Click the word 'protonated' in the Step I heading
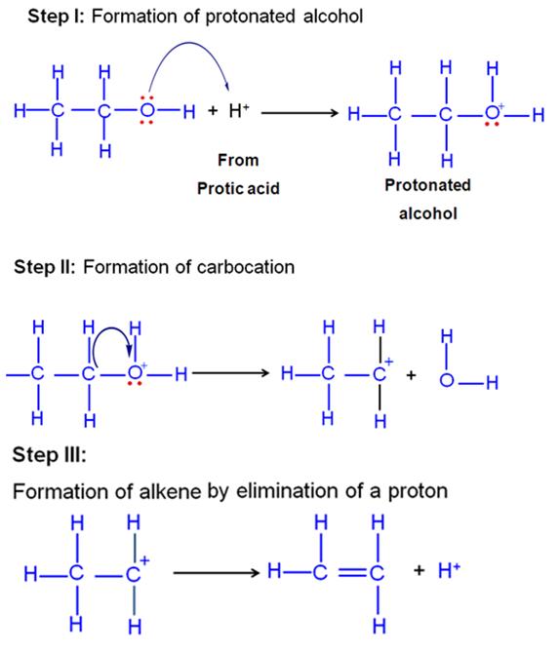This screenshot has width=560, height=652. (x=250, y=17)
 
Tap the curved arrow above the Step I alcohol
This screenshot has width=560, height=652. (x=189, y=43)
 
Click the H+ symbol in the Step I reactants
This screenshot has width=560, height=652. (x=239, y=110)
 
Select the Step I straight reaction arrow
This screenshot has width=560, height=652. (x=300, y=113)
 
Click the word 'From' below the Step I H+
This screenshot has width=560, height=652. (x=238, y=160)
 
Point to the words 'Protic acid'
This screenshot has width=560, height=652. (x=238, y=188)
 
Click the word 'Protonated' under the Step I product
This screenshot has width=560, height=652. (x=427, y=185)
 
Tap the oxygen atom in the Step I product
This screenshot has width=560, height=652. (x=492, y=113)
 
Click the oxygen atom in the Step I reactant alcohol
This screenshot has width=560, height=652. (x=147, y=110)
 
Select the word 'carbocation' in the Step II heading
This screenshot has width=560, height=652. (x=246, y=267)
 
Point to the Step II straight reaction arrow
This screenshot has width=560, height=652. (x=230, y=373)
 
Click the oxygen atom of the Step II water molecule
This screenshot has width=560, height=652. (x=447, y=380)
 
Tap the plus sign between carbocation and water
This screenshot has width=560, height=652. (x=411, y=375)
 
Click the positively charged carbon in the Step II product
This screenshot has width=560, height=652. (x=379, y=374)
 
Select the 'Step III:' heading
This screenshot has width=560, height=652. (x=49, y=454)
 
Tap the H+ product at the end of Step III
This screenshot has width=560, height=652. (x=449, y=570)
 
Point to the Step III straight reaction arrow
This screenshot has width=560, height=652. (x=217, y=573)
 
